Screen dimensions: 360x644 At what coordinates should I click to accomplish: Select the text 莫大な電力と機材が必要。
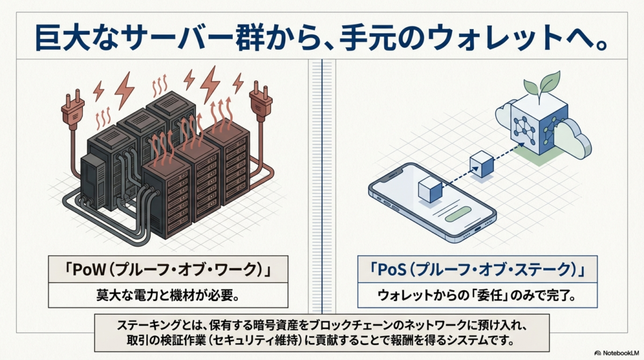tap(168, 295)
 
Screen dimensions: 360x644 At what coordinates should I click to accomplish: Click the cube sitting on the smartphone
tap(431, 188)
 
